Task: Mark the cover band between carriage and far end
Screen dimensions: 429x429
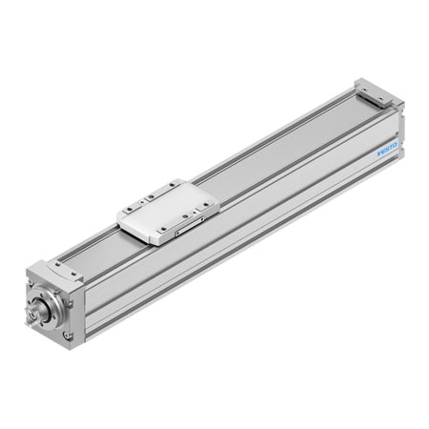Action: [276, 143]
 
